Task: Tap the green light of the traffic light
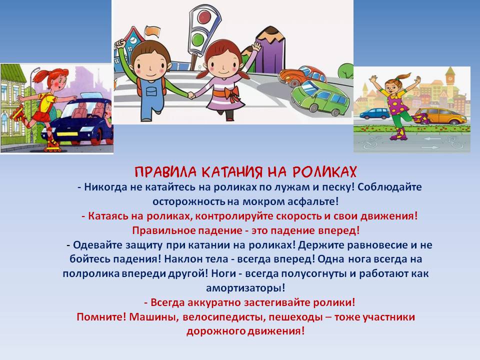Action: pos(199,38)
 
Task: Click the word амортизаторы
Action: pos(245,288)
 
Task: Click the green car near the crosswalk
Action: pos(320,97)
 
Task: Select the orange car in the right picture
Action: pos(438,115)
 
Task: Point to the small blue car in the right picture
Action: pos(374,113)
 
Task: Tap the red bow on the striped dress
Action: pos(231,93)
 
